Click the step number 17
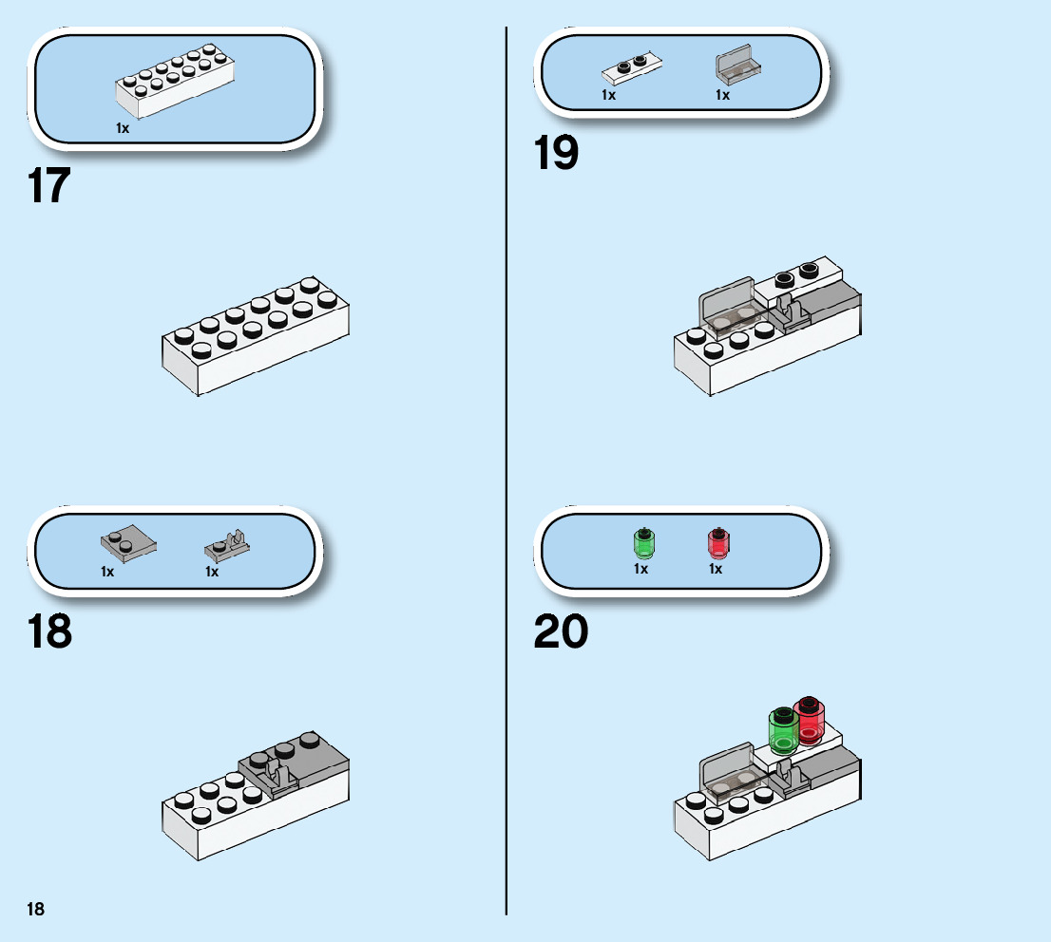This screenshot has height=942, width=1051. pos(49,186)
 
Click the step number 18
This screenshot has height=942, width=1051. pos(49,631)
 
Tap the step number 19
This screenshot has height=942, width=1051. pos(556,153)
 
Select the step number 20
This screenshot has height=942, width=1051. pos(561,631)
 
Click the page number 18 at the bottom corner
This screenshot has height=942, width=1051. pos(35,910)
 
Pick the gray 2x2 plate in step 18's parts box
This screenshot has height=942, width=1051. pos(127,544)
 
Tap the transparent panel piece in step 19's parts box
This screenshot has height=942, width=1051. pos(737,66)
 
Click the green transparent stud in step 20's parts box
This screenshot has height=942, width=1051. pos(643,543)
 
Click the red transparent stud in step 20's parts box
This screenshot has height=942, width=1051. pos(717,543)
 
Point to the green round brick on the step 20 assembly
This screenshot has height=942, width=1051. pos(785,731)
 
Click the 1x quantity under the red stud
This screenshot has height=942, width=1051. pos(716,569)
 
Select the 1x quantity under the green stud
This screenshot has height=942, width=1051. pos(641,569)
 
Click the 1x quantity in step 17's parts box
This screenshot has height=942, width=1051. pos(123,127)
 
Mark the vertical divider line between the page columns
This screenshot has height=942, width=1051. pos(506,475)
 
